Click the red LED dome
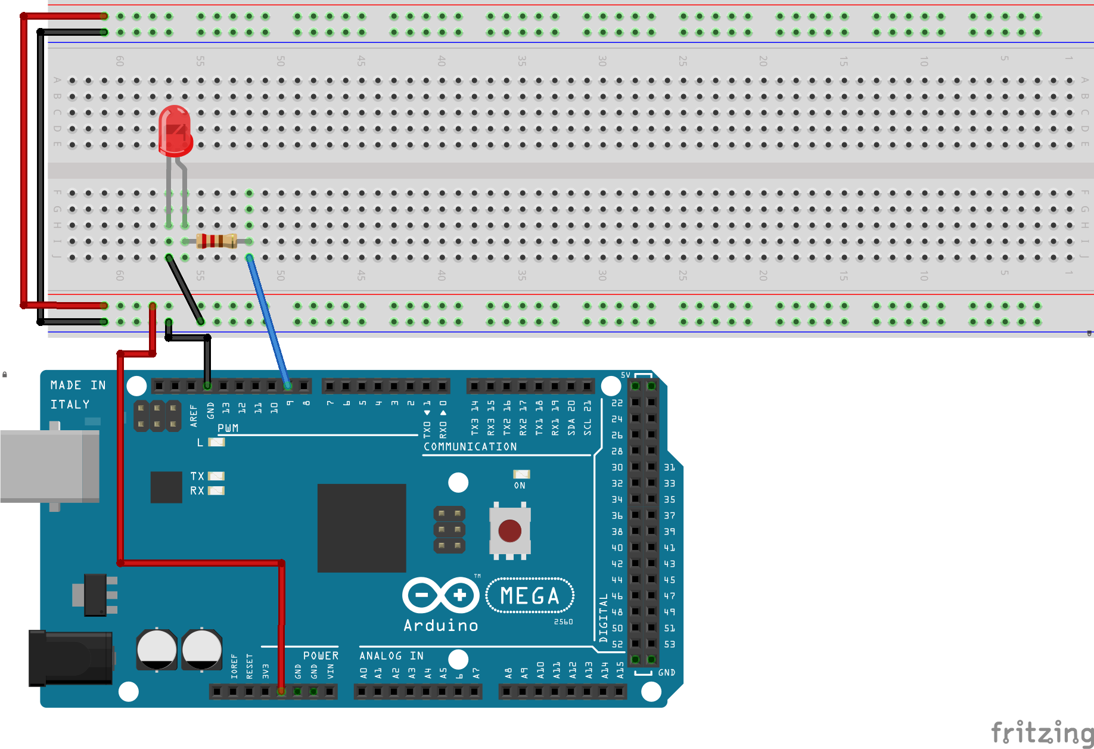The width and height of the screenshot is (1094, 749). (175, 128)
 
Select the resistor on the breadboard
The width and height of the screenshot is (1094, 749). (217, 241)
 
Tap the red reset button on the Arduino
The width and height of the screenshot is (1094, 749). (509, 530)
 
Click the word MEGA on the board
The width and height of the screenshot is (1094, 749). (530, 595)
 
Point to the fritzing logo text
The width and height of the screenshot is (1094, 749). (1042, 732)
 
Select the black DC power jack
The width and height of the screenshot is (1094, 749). (71, 658)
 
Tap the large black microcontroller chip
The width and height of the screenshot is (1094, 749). (361, 528)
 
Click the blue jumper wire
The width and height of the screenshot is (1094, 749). (269, 322)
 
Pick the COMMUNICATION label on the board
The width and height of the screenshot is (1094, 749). (470, 446)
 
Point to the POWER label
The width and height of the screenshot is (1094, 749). (321, 655)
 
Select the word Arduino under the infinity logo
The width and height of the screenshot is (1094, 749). (440, 625)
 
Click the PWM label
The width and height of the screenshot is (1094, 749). (228, 428)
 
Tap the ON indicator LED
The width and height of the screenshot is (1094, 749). (521, 474)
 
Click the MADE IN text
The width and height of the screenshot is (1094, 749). (78, 386)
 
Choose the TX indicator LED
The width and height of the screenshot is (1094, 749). (216, 476)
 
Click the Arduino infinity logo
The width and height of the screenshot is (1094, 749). (440, 595)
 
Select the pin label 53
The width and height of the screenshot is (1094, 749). (669, 644)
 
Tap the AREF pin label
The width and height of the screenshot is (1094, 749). (194, 415)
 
